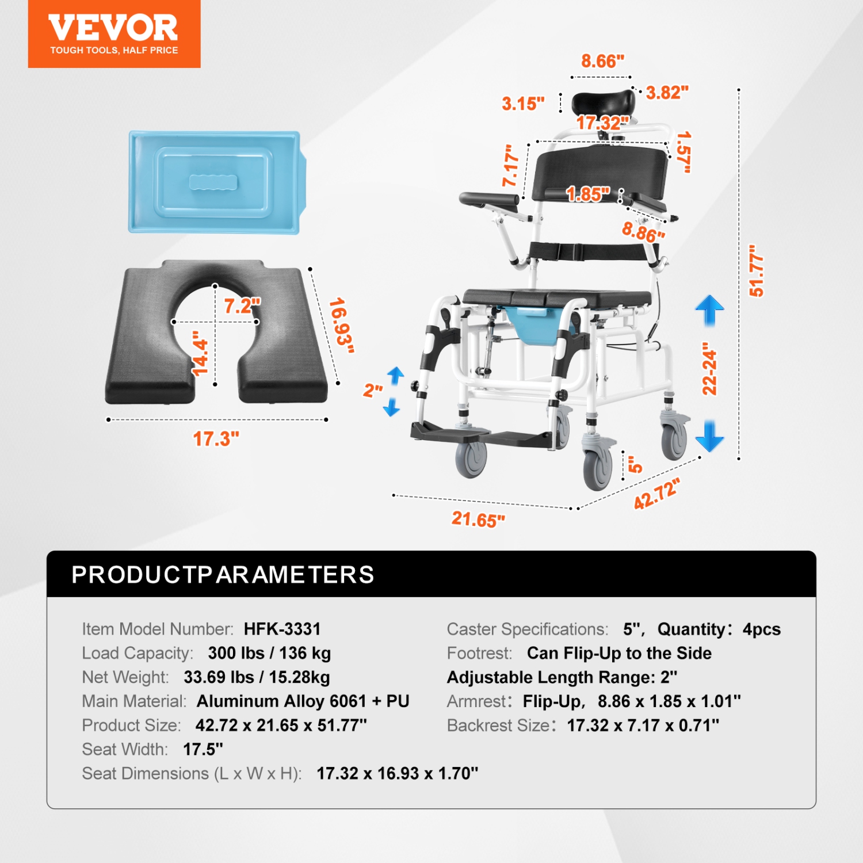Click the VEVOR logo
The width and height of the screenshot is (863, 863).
point(114,34)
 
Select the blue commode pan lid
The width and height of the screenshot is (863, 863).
point(215,182)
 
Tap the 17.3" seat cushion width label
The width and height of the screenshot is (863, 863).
point(216,439)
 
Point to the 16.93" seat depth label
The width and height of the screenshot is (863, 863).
point(341,326)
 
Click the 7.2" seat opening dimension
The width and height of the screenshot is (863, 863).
point(242,306)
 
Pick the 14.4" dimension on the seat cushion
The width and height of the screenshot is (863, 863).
point(200,353)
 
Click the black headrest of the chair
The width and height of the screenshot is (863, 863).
point(602,104)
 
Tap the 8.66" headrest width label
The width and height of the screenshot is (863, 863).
point(602,60)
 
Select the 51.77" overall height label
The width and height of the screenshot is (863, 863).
point(756,270)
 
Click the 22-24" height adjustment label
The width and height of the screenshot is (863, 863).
point(710,368)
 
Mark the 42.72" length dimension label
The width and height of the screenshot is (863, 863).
point(656,494)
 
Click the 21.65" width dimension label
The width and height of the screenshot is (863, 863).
point(478,519)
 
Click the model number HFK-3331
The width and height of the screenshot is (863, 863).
point(282,629)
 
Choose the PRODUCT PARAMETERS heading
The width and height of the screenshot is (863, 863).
point(223,575)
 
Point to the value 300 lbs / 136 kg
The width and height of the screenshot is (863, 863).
point(269,653)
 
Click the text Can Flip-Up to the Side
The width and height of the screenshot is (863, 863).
point(619,653)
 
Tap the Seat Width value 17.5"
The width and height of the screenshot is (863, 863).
point(203,749)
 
